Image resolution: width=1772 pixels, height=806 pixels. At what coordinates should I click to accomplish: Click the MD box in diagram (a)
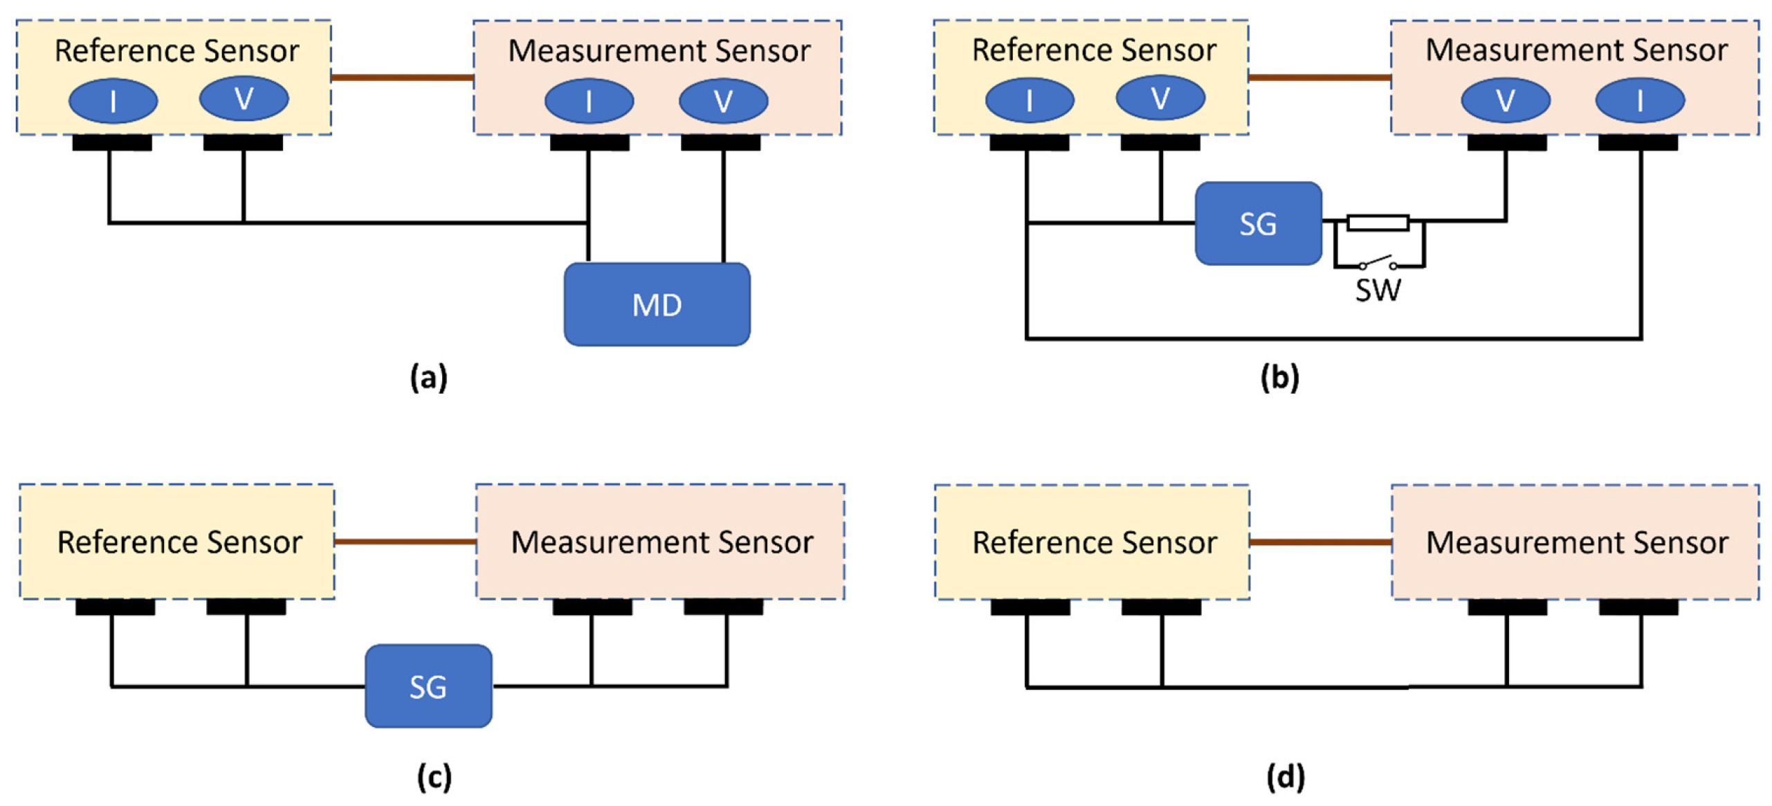656,304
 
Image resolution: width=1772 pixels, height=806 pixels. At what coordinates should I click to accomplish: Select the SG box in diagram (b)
1257,223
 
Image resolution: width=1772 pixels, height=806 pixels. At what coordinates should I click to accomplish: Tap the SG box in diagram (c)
428,686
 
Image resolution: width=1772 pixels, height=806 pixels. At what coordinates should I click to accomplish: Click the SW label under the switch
1377,290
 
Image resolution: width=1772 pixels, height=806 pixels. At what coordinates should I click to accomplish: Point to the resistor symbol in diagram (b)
1377,222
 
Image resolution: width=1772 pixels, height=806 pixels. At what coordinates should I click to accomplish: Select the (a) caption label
428,378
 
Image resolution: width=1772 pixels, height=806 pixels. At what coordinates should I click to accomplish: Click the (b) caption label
1279,378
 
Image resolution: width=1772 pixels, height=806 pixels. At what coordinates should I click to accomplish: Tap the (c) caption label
434,776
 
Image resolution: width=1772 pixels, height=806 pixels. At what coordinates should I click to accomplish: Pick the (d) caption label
1285,776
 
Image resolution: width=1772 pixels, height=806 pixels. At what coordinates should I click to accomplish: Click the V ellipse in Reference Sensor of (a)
244,99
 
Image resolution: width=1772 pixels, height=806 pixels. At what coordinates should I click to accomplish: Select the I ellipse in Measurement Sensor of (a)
589,101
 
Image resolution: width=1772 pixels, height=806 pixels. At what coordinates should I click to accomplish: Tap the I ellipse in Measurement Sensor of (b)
1638,101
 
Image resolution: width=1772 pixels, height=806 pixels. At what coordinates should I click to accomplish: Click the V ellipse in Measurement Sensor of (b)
1504,101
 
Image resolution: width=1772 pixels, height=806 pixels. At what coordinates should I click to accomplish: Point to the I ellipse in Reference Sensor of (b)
1029,101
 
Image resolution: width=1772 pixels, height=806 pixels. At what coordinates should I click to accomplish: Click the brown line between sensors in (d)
1319,542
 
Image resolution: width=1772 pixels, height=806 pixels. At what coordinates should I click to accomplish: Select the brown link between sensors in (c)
405,541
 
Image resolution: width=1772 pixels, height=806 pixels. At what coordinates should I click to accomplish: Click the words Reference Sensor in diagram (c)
179,542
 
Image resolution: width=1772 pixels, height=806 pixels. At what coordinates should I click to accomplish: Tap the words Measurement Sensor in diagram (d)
1576,542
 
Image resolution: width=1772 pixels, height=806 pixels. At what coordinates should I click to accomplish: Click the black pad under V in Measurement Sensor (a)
720,143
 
